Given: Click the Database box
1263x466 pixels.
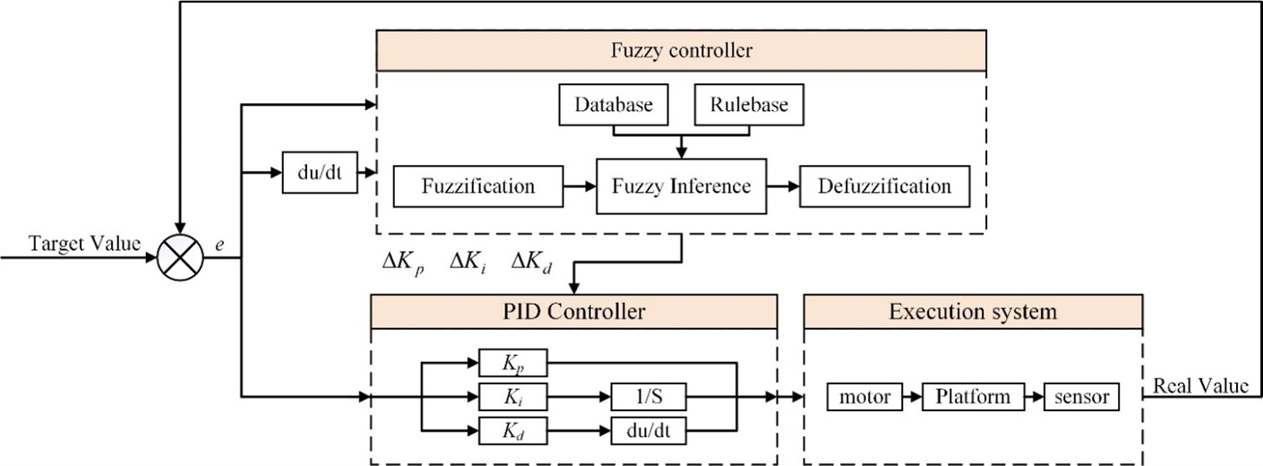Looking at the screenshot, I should point(613,106).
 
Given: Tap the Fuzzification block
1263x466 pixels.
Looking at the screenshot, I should point(477,187).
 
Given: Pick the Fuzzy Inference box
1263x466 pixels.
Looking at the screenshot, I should point(681,187).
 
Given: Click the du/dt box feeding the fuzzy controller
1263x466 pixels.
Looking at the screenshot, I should point(320,171).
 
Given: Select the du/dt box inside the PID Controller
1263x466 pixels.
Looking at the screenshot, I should point(649,430).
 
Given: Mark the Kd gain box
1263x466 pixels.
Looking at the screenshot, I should point(512,430).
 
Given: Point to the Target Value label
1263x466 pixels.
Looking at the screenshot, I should point(86,244).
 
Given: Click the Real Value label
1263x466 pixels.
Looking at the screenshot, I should point(1199,386).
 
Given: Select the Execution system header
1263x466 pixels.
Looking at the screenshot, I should point(973,313).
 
